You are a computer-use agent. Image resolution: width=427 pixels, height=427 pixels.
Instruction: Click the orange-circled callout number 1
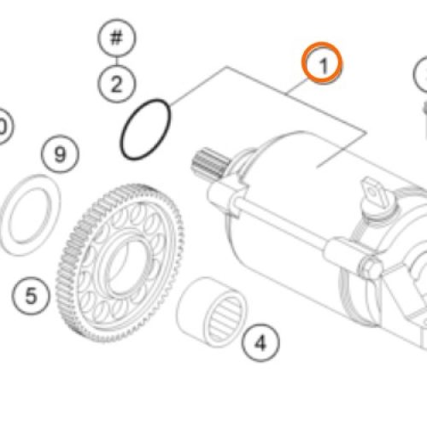(324, 63)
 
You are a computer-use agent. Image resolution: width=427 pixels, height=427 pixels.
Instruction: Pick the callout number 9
(59, 155)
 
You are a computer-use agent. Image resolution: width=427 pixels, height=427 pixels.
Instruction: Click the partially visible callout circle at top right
(422, 79)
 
